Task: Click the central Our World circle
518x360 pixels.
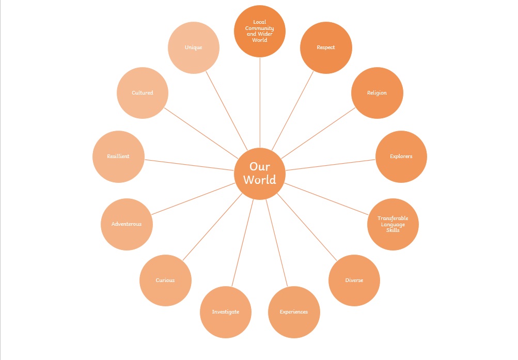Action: tap(260, 174)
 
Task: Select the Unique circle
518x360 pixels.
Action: tap(194, 48)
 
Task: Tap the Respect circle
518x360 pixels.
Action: tap(326, 48)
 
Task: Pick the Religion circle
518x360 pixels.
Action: tap(377, 93)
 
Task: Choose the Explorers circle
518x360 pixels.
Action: tap(401, 156)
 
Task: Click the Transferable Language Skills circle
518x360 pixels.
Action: tap(393, 224)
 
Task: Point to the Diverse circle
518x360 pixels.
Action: tap(354, 280)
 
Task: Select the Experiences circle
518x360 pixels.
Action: tap(294, 312)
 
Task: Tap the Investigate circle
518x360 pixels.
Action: tap(226, 312)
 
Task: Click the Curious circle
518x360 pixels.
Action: tap(165, 280)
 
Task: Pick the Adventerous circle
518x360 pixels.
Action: tap(127, 224)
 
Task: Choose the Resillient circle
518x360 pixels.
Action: tap(118, 156)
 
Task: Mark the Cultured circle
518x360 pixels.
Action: tap(143, 93)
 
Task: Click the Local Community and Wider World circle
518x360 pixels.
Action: tap(260, 31)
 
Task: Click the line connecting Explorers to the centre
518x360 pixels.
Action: tap(331, 165)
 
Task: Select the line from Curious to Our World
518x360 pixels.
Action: tap(212, 227)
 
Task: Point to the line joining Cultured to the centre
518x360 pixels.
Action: tap(201, 133)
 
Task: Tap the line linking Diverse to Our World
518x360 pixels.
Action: tap(307, 227)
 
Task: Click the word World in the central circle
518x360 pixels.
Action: tap(260, 180)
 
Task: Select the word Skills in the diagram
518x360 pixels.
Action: tap(393, 230)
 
